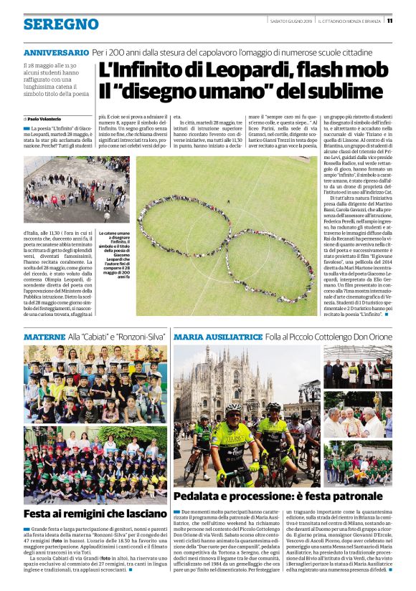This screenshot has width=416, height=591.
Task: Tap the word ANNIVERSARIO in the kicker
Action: click(x=56, y=53)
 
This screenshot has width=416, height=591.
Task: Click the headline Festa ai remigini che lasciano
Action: click(x=95, y=513)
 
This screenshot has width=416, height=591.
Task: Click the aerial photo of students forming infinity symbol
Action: click(x=226, y=236)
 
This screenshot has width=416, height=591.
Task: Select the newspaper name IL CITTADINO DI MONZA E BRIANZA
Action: click(x=351, y=21)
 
